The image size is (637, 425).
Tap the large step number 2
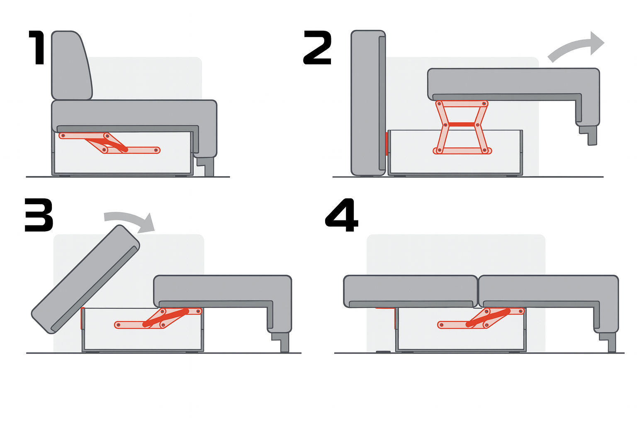(317, 48)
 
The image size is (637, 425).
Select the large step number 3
(39, 215)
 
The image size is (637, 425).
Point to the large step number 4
(342, 215)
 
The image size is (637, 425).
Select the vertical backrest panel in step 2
(368, 103)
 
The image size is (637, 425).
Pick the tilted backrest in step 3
(85, 279)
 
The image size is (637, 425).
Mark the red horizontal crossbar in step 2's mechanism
(462, 125)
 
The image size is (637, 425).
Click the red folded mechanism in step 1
(109, 143)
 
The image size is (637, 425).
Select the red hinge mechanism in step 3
(158, 318)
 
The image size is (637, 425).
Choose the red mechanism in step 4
(481, 318)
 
